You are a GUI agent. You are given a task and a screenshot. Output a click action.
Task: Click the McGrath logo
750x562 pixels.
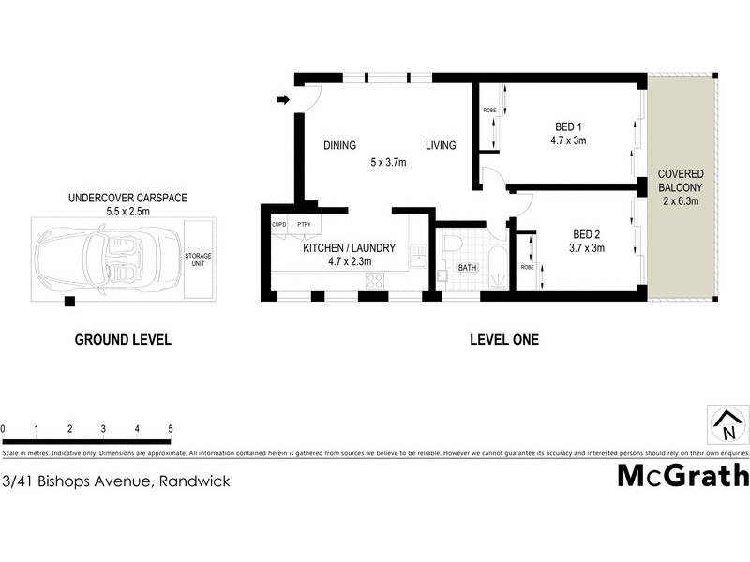(682, 475)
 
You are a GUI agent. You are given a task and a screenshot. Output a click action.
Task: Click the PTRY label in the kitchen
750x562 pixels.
(303, 225)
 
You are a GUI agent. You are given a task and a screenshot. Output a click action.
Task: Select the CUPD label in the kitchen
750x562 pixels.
(278, 225)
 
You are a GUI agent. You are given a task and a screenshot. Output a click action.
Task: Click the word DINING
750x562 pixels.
(339, 145)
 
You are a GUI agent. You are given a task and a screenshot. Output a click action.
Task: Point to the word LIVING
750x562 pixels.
(441, 145)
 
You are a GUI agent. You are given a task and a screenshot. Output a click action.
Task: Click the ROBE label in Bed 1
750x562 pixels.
(488, 111)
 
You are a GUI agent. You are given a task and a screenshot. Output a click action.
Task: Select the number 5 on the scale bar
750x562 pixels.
(171, 429)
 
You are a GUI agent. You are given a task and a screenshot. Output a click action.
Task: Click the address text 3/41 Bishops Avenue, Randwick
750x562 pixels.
(116, 481)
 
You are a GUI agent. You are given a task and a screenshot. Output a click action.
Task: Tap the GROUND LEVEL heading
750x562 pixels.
(123, 340)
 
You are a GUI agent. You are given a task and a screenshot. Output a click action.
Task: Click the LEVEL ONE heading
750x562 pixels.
(504, 340)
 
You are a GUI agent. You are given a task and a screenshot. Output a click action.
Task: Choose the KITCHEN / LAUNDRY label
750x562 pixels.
(349, 248)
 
